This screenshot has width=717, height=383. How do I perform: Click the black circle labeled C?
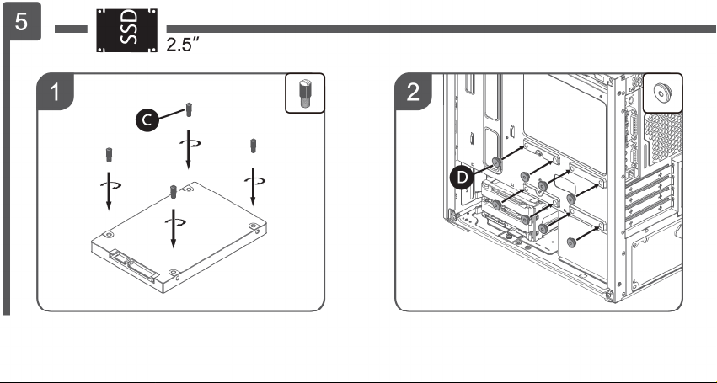[147, 120]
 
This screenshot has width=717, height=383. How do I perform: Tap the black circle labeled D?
[462, 178]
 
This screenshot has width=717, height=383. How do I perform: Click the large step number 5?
[22, 22]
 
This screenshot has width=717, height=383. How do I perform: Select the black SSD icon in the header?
[126, 30]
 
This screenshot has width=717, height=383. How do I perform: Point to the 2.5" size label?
[183, 45]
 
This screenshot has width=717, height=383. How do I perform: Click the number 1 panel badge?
[55, 92]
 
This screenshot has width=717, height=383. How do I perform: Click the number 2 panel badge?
[413, 92]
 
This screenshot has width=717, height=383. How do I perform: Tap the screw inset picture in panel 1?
[305, 93]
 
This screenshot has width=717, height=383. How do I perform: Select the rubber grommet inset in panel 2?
[662, 93]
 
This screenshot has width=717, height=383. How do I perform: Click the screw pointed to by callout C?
[189, 109]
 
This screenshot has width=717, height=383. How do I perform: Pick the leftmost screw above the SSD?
[110, 155]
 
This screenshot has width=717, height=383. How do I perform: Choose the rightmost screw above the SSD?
[253, 146]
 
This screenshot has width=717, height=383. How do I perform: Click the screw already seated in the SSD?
[174, 192]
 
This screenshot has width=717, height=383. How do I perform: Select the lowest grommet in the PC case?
[571, 242]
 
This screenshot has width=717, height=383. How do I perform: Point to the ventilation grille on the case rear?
[663, 137]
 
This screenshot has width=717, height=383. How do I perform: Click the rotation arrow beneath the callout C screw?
[190, 143]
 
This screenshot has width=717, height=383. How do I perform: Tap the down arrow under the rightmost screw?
[253, 187]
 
